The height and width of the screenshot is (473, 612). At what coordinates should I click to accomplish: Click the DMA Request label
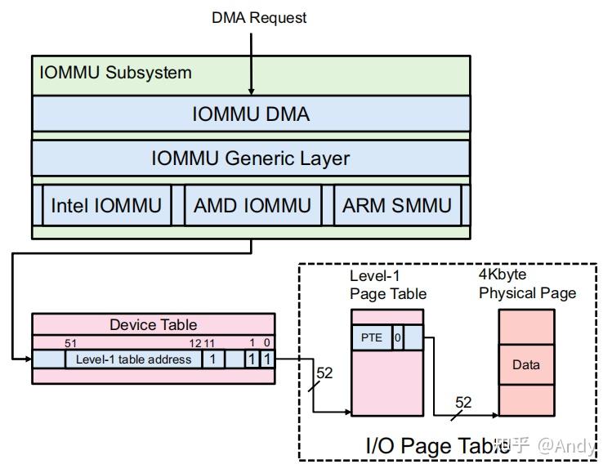tap(259, 17)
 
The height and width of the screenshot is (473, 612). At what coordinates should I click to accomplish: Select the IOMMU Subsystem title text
tap(115, 73)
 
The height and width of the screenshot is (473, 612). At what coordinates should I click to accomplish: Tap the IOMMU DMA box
tap(251, 114)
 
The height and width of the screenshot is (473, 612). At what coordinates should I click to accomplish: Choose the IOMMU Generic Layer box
tap(251, 158)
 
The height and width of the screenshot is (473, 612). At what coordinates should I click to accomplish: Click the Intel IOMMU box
tap(106, 205)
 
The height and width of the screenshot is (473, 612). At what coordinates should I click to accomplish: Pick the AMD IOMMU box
tap(252, 205)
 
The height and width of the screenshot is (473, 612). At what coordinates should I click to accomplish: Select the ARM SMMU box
tap(396, 205)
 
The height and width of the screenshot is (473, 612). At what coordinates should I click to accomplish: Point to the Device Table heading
tap(153, 324)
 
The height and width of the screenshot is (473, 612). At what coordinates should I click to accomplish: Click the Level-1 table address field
tap(133, 359)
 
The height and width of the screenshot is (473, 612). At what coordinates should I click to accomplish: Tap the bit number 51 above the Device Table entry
tap(70, 344)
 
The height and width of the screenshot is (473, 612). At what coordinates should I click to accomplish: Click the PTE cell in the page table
tap(371, 337)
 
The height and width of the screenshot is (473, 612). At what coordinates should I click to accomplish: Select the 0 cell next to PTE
tap(397, 337)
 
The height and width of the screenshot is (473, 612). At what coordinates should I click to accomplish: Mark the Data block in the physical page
tap(525, 365)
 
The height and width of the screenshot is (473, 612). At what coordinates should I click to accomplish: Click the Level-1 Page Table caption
tap(387, 285)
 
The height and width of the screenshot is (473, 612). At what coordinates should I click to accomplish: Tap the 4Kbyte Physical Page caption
tap(527, 284)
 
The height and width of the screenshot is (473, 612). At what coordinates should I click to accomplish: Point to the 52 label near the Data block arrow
tap(463, 402)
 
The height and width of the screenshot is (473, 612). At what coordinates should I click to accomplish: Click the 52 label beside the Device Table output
tap(324, 373)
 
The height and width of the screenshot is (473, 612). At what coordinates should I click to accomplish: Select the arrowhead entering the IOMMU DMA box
tap(251, 91)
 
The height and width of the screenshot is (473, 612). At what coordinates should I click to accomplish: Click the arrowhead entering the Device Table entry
tap(29, 359)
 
